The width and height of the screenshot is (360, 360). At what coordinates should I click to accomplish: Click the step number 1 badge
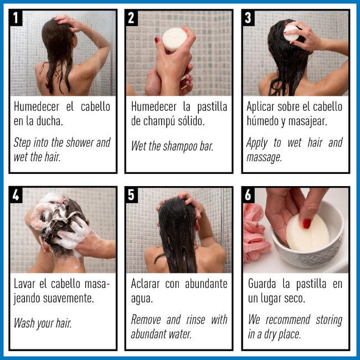coord(17,17)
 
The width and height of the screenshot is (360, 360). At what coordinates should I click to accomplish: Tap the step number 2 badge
coord(132,17)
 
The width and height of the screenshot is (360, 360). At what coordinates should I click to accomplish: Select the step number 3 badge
coord(249,17)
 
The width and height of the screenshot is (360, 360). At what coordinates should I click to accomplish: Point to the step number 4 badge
coord(17,195)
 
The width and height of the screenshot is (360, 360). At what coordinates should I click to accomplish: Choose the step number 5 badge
coord(132,195)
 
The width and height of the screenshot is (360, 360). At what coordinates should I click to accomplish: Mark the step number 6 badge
coord(249,195)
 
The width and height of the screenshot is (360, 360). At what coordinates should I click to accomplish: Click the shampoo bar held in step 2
coord(174,39)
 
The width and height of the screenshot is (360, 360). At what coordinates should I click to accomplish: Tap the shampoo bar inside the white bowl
coord(307,232)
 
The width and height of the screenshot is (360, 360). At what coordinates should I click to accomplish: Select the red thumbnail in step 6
coord(306,223)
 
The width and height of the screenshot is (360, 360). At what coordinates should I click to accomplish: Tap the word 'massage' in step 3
coord(264,157)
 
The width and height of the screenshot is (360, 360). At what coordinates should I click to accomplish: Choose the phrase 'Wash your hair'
coord(43,323)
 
